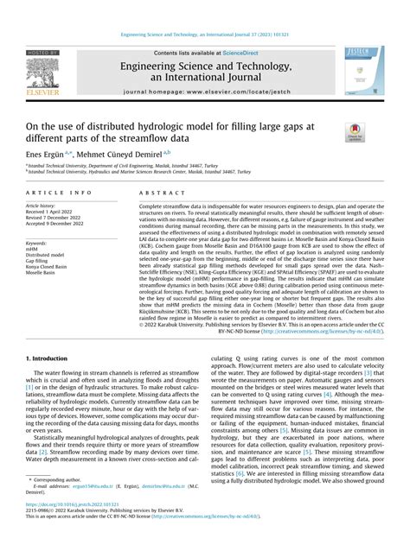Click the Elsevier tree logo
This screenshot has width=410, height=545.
42,76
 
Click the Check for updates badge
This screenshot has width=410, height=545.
355,132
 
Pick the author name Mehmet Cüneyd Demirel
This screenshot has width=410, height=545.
137,151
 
